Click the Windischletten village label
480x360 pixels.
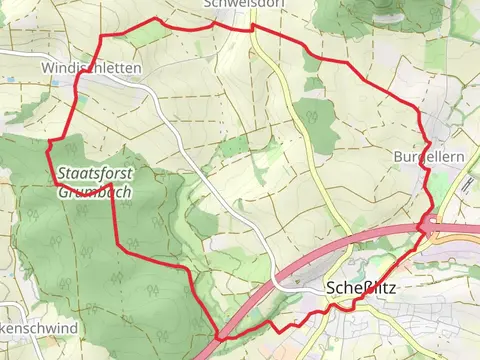point(91,67)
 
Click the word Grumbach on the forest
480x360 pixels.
point(96,190)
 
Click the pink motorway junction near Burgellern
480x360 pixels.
point(430,227)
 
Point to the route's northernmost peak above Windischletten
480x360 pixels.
point(155,19)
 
